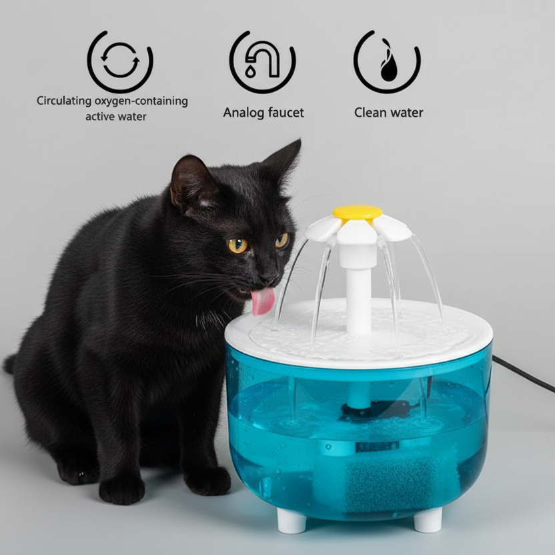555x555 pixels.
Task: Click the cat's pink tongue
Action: tap(262, 302)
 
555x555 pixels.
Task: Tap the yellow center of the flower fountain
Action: tap(358, 213)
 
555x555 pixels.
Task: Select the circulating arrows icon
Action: tap(120, 61)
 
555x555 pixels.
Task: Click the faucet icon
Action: tap(262, 61)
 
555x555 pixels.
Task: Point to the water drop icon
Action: tap(387, 61)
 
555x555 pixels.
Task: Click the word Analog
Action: tap(243, 113)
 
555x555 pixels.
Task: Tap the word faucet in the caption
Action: tap(285, 113)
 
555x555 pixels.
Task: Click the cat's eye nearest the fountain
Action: tap(282, 240)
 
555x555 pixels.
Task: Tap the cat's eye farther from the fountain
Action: tap(238, 245)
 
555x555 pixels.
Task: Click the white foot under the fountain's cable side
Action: tap(428, 519)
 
